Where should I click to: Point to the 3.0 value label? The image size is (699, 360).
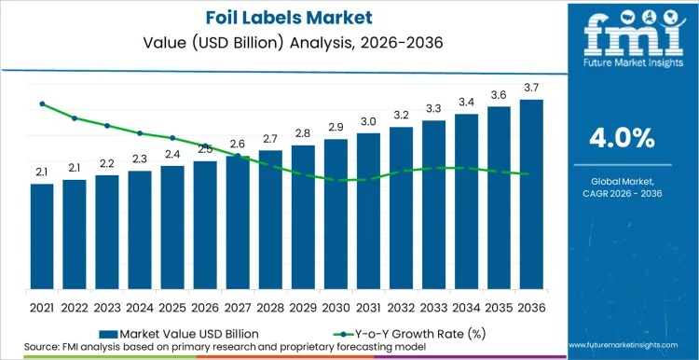click(x=368, y=122)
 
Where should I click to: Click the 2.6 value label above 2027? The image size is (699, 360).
click(x=238, y=144)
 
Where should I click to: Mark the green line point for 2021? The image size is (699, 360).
click(x=42, y=104)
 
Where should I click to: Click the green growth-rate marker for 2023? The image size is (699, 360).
click(x=107, y=125)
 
